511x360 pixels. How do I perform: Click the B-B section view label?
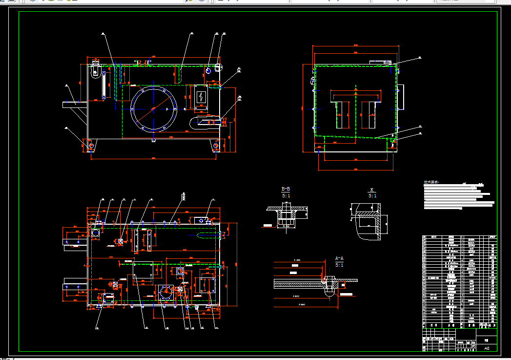pos(286,189)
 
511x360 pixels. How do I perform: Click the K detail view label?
pos(372,190)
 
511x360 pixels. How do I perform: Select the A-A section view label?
pos(339,258)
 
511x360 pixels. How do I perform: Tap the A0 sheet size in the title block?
pos(486,348)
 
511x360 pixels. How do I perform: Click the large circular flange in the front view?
pos(153,108)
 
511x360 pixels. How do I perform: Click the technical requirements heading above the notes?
pos(431,182)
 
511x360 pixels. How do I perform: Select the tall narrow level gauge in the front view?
pos(103,85)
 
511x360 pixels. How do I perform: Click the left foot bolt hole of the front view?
pos(91,145)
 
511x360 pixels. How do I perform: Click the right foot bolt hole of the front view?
pos(215,145)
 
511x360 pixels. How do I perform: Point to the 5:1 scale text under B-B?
pos(286,195)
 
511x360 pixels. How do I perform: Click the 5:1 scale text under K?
pos(372,196)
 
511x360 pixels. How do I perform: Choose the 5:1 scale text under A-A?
pos(339,265)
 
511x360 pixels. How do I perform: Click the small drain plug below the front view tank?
pos(153,141)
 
